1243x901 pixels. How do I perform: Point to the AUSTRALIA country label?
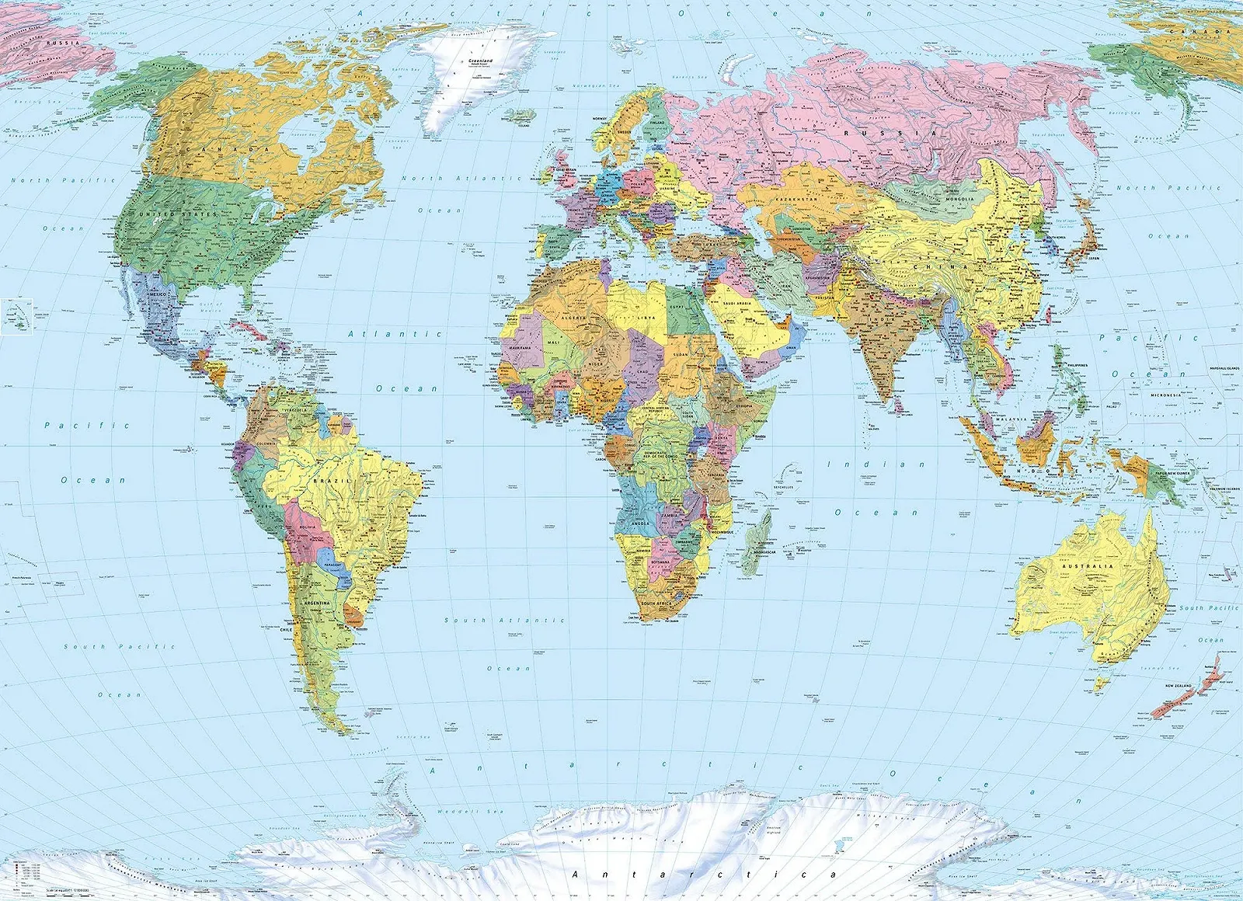1088,566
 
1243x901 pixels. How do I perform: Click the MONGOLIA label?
959,199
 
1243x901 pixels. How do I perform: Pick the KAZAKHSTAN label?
796,199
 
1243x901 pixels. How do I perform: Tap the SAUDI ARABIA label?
737,304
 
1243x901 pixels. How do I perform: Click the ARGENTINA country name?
317,603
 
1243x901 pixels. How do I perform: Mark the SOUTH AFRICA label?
656,604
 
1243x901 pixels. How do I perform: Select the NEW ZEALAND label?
1178,686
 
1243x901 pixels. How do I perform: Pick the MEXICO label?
158,295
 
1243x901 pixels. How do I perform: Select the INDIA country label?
882,319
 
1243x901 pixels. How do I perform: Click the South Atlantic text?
504,621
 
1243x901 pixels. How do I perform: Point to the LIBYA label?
646,317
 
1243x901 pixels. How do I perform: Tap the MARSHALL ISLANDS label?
1222,368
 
